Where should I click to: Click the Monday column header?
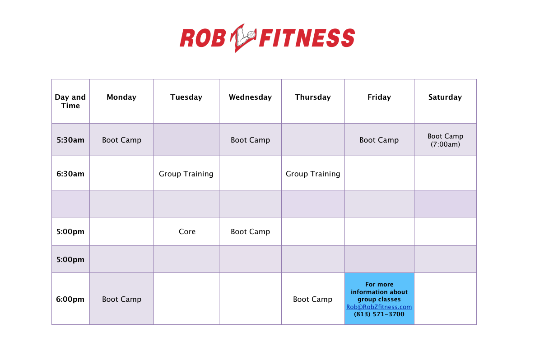click(x=121, y=97)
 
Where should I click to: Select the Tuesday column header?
click(x=186, y=97)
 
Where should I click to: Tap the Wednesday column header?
click(x=250, y=97)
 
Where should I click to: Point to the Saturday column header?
click(x=445, y=97)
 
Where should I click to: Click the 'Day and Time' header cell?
click(x=70, y=101)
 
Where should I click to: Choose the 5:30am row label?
click(x=70, y=140)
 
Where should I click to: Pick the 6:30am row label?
click(x=70, y=174)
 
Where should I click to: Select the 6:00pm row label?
click(x=70, y=299)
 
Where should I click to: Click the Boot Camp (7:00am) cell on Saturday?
click(x=445, y=140)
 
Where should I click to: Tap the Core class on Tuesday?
click(x=187, y=231)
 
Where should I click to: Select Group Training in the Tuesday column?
click(x=186, y=174)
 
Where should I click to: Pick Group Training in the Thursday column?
click(x=313, y=174)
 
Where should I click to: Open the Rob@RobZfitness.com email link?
click(x=379, y=307)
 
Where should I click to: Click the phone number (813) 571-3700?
click(x=379, y=314)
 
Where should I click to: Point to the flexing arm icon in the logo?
click(x=243, y=37)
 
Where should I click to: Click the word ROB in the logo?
click(x=203, y=38)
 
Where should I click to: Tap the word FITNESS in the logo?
click(x=307, y=38)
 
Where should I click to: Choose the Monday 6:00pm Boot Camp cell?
click(x=121, y=299)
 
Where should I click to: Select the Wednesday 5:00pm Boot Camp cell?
click(x=250, y=231)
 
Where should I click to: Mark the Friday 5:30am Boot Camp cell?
click(x=379, y=140)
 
